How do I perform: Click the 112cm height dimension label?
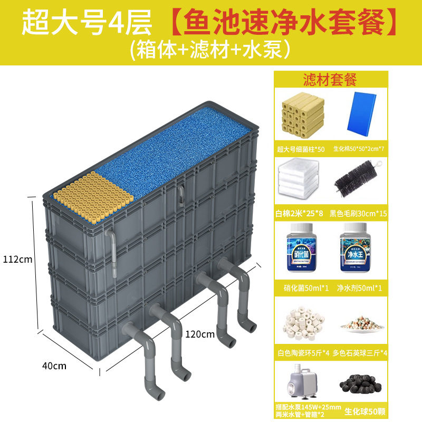coord(17,260)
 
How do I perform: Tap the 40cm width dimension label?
coord(55,365)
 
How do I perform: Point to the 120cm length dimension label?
coord(200,333)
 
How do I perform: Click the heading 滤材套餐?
coord(330,80)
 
